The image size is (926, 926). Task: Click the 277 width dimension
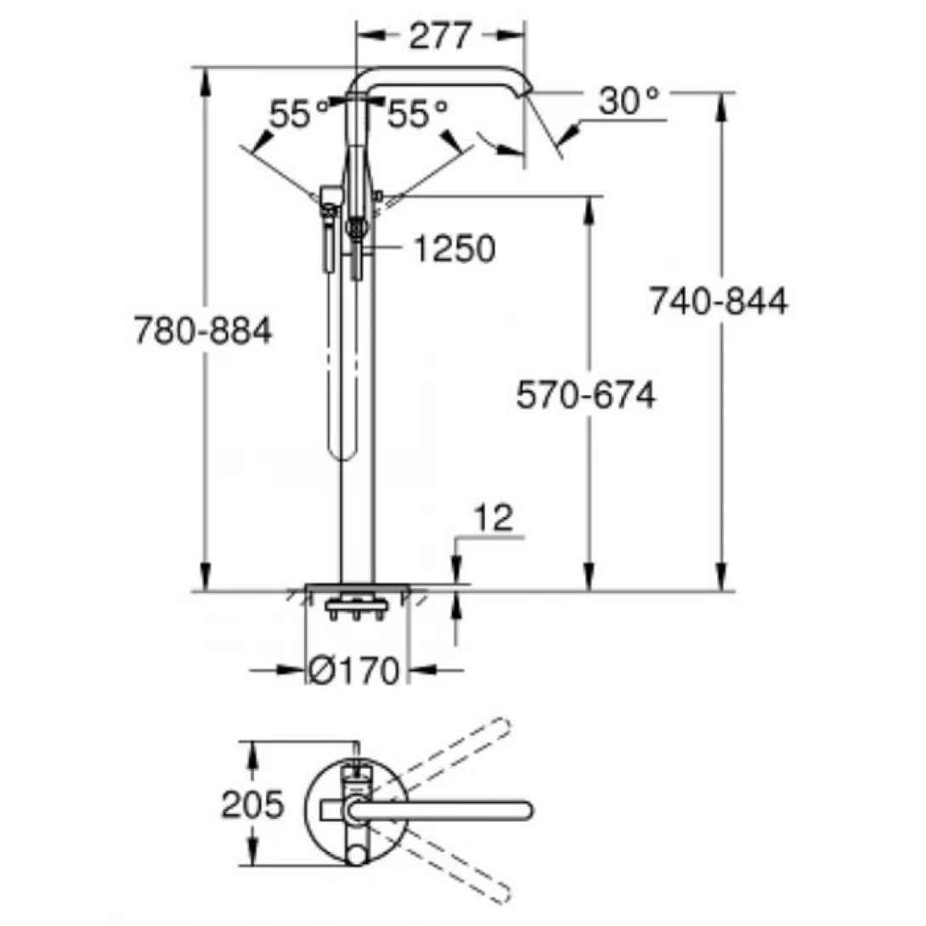(x=439, y=36)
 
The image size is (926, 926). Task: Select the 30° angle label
(x=628, y=101)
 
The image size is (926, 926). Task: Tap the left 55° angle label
(x=299, y=113)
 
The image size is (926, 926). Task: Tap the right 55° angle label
(x=415, y=113)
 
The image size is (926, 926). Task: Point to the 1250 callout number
(x=454, y=248)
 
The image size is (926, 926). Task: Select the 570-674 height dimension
(x=585, y=395)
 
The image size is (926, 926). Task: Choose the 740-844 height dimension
(x=718, y=302)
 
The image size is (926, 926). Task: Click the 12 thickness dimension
(x=492, y=517)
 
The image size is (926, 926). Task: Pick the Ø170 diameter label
(x=353, y=671)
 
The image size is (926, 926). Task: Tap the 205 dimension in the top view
(x=252, y=804)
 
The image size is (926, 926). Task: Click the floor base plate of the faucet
(x=357, y=588)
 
